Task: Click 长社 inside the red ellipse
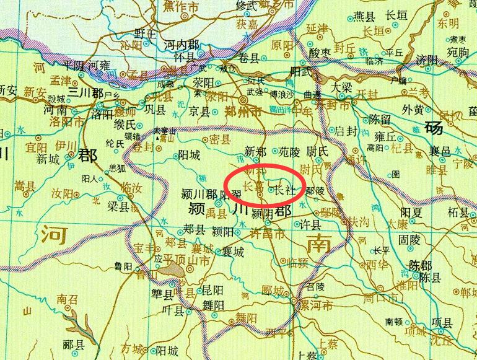pyautogui.click(x=284, y=191)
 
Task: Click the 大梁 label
pyautogui.click(x=344, y=87)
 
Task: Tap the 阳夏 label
pyautogui.click(x=411, y=212)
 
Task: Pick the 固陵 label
pyautogui.click(x=411, y=238)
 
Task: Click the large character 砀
pyautogui.click(x=435, y=130)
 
